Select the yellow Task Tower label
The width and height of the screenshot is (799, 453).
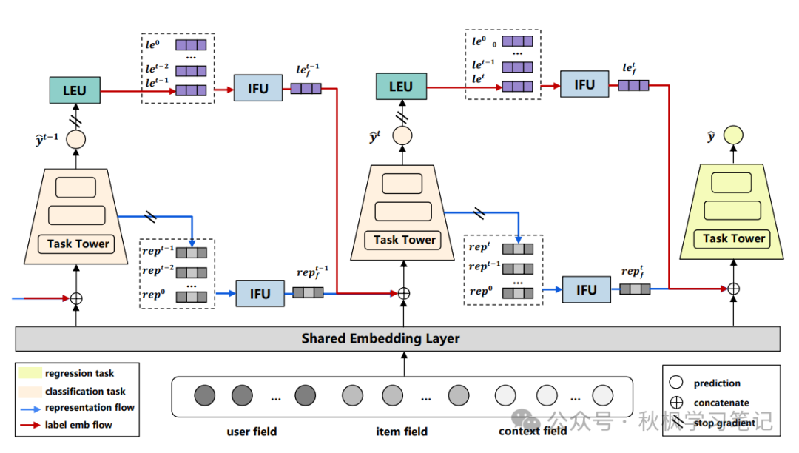(733, 238)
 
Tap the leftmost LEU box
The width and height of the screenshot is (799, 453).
(74, 91)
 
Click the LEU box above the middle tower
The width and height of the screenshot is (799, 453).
(400, 87)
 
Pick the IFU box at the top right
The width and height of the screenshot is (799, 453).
(584, 85)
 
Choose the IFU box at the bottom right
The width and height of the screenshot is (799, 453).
(586, 289)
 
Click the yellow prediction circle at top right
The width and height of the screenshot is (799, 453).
(733, 135)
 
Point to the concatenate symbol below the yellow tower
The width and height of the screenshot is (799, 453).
(734, 289)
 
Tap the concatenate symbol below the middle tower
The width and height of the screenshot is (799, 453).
(404, 293)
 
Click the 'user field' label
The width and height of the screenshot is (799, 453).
(252, 432)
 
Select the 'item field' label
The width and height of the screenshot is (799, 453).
(402, 432)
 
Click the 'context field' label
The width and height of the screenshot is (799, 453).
(533, 432)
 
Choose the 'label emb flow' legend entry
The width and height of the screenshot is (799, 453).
(78, 425)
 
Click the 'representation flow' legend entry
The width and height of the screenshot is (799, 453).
(90, 408)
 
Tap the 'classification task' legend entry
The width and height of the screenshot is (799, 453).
(85, 391)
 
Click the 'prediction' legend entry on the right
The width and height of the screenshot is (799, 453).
(717, 383)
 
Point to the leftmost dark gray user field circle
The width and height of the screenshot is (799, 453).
(205, 395)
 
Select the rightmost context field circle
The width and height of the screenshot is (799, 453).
(603, 395)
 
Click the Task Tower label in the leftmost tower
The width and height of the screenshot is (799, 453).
(78, 244)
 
